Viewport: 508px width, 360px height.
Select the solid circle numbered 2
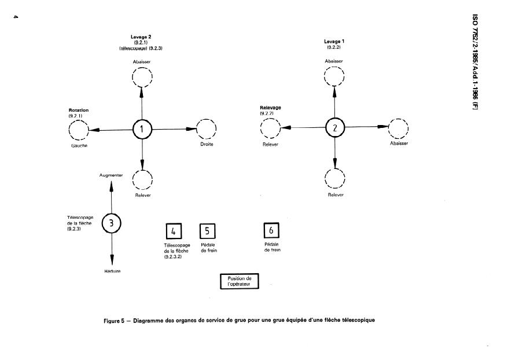334,128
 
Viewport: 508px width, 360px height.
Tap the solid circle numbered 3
111,222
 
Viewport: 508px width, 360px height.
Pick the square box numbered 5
208,232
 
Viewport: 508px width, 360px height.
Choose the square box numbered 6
271,230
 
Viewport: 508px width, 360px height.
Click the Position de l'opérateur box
239,281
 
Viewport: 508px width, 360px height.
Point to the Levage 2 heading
141,37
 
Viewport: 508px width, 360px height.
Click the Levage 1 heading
334,42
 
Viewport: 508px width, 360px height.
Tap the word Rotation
79,109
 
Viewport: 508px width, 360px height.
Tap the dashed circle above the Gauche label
79,130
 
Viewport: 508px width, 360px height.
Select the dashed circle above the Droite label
207,130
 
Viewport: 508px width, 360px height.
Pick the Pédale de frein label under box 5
208,248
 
